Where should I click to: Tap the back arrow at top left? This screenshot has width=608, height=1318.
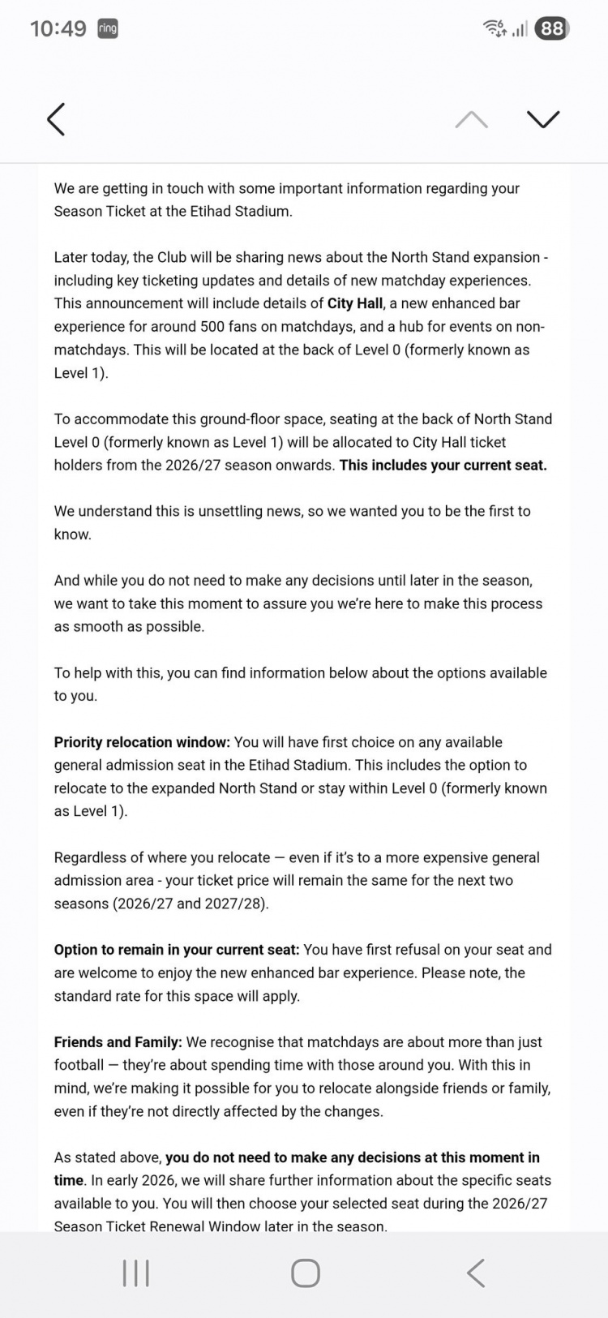[x=56, y=119]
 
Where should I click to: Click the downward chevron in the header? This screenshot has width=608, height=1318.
[x=542, y=119]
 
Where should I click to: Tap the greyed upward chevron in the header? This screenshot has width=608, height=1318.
[x=471, y=120]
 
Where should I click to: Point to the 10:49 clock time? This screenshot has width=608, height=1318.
[x=58, y=28]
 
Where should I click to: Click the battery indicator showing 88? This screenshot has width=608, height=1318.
[x=552, y=28]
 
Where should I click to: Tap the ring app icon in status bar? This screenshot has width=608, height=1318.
[x=108, y=28]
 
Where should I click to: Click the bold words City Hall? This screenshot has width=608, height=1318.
[x=355, y=303]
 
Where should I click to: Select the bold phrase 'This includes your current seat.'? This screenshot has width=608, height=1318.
[x=443, y=465]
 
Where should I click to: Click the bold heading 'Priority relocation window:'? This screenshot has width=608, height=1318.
[x=142, y=742]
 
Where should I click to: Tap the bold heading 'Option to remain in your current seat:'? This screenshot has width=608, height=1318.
[x=177, y=950]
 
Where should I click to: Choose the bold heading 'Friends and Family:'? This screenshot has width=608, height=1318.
[x=118, y=1042]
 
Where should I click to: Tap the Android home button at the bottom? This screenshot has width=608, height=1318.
[x=305, y=1273]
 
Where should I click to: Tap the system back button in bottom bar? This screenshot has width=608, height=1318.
[x=476, y=1273]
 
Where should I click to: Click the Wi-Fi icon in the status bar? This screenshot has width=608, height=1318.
[x=493, y=28]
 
